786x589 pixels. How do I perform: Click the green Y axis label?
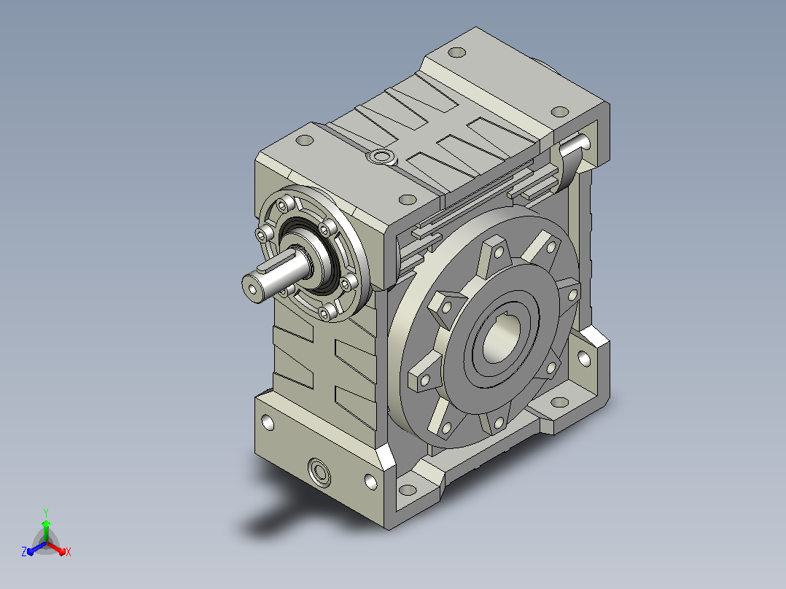click(46, 512)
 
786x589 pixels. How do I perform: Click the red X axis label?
click(69, 552)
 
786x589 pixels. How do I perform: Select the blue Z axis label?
click(24, 552)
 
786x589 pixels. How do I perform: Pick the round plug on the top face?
click(382, 157)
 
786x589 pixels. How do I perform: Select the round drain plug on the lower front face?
click(319, 471)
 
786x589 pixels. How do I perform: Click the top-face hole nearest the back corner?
click(456, 52)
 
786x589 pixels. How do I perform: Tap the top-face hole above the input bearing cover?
click(305, 141)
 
